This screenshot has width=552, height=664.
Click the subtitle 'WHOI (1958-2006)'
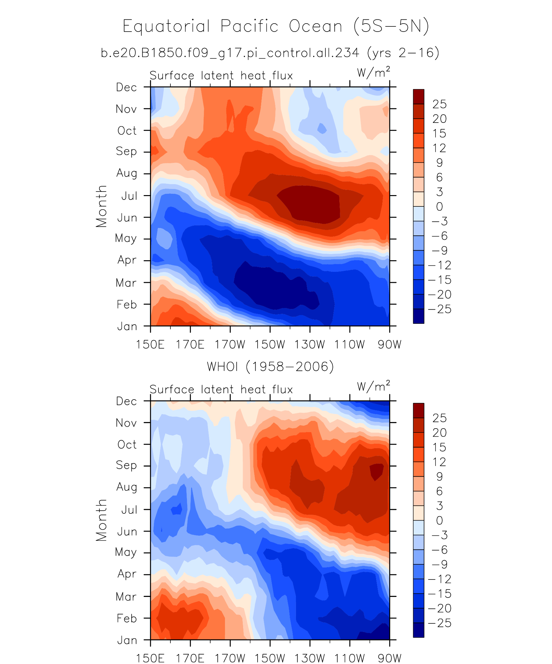tap(271, 367)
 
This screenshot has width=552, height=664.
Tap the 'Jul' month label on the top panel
tap(129, 196)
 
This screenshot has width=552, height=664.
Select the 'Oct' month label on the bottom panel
tap(127, 444)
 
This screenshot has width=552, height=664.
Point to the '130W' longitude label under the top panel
tap(310, 345)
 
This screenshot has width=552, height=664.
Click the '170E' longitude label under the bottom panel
tap(190, 658)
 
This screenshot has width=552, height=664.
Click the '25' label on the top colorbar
tap(439, 104)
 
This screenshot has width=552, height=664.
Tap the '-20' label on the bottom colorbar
tap(439, 608)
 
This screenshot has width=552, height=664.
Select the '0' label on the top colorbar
tap(439, 207)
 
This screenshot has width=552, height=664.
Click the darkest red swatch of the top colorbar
tap(418, 96)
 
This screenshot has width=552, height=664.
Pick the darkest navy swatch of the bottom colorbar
tap(418, 630)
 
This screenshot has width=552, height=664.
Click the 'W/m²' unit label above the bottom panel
tap(373, 386)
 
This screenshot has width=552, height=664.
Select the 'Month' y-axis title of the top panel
tap(101, 206)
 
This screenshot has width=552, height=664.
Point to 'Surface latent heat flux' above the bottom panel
tap(221, 390)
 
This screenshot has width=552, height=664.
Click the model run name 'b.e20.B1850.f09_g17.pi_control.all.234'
tap(230, 53)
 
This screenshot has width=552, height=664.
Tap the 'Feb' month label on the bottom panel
tap(127, 618)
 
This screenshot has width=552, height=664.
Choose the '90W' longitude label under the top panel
tap(389, 345)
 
